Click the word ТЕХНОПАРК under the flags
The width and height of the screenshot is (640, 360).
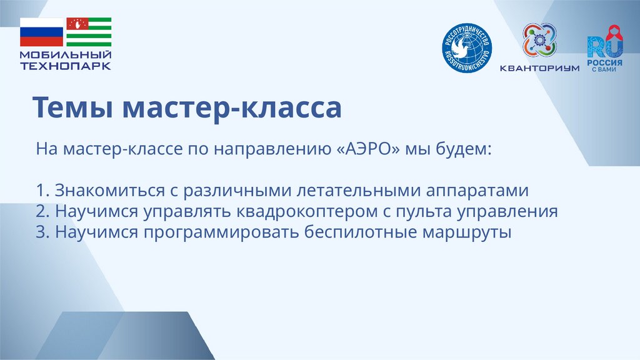tap(66, 66)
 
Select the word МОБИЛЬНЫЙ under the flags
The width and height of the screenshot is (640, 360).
tap(66, 56)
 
